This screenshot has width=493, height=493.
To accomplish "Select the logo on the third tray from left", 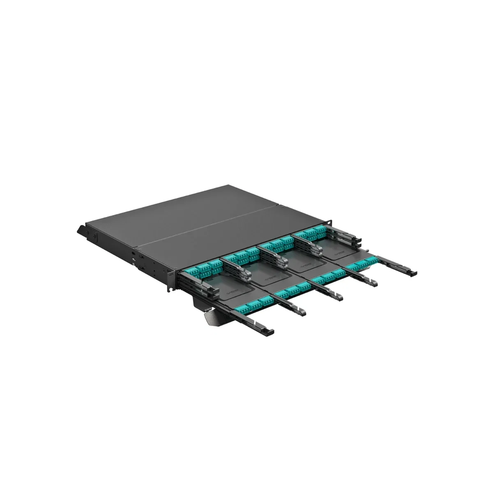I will pos(305,267).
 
